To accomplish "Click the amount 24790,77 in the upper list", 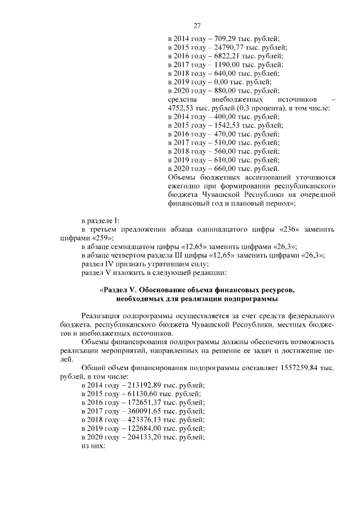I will point(224,47).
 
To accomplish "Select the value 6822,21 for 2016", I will point(222,56).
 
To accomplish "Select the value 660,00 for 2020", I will point(220,169).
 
